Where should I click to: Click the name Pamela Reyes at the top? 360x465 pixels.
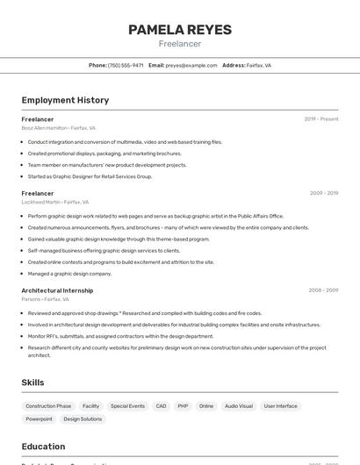[180, 30]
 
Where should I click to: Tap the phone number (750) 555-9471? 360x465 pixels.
[126, 65]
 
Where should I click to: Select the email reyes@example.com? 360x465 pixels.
[191, 65]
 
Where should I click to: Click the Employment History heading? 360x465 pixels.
[65, 100]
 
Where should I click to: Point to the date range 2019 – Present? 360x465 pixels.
[321, 119]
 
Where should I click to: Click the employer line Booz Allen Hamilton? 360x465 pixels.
[59, 128]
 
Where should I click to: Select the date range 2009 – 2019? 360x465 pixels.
[324, 193]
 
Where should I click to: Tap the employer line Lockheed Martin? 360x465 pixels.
[57, 202]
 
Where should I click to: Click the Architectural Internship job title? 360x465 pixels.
[57, 290]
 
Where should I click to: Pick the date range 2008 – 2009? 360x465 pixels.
[323, 290]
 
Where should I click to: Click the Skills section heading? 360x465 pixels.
[32, 383]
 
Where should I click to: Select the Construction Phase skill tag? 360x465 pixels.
[48, 406]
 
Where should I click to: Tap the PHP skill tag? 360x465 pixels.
[183, 406]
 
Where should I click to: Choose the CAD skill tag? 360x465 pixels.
[161, 406]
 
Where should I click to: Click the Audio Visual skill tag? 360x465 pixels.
[238, 406]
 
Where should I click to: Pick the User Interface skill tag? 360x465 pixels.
[281, 406]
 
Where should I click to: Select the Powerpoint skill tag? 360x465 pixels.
[39, 419]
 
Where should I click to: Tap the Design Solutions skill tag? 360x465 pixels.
[83, 419]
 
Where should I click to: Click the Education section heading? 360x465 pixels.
[43, 447]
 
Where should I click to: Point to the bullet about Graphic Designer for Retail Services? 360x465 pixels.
[90, 176]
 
